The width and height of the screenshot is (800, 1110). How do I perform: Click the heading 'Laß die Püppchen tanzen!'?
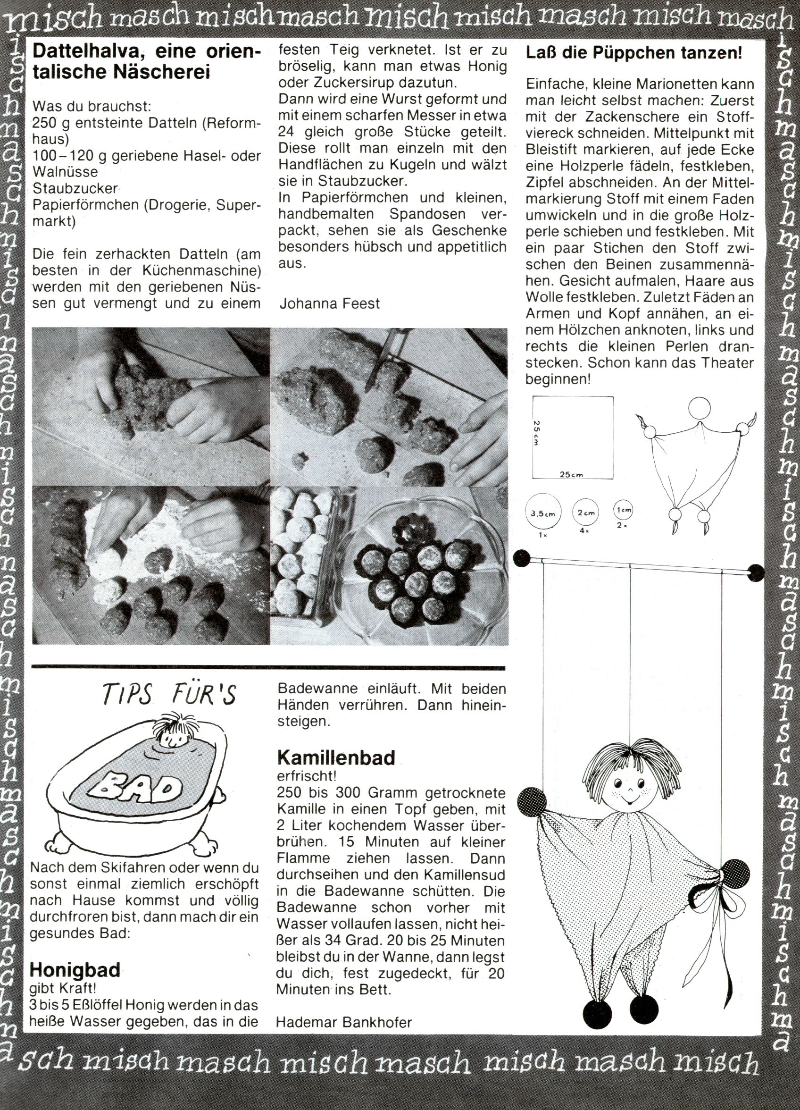633,52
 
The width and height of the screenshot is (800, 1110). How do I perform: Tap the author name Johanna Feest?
329,303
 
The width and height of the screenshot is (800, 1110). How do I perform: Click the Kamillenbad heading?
336,757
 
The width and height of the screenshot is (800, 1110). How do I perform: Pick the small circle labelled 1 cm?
622,510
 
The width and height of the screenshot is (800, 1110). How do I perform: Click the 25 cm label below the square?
572,474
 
